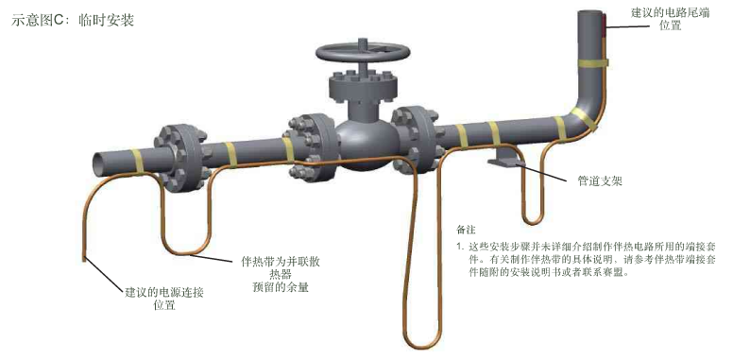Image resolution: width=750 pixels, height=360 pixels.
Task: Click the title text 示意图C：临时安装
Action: pyautogui.click(x=74, y=20)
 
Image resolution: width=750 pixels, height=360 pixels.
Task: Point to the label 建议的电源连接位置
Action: pyautogui.click(x=164, y=299)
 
